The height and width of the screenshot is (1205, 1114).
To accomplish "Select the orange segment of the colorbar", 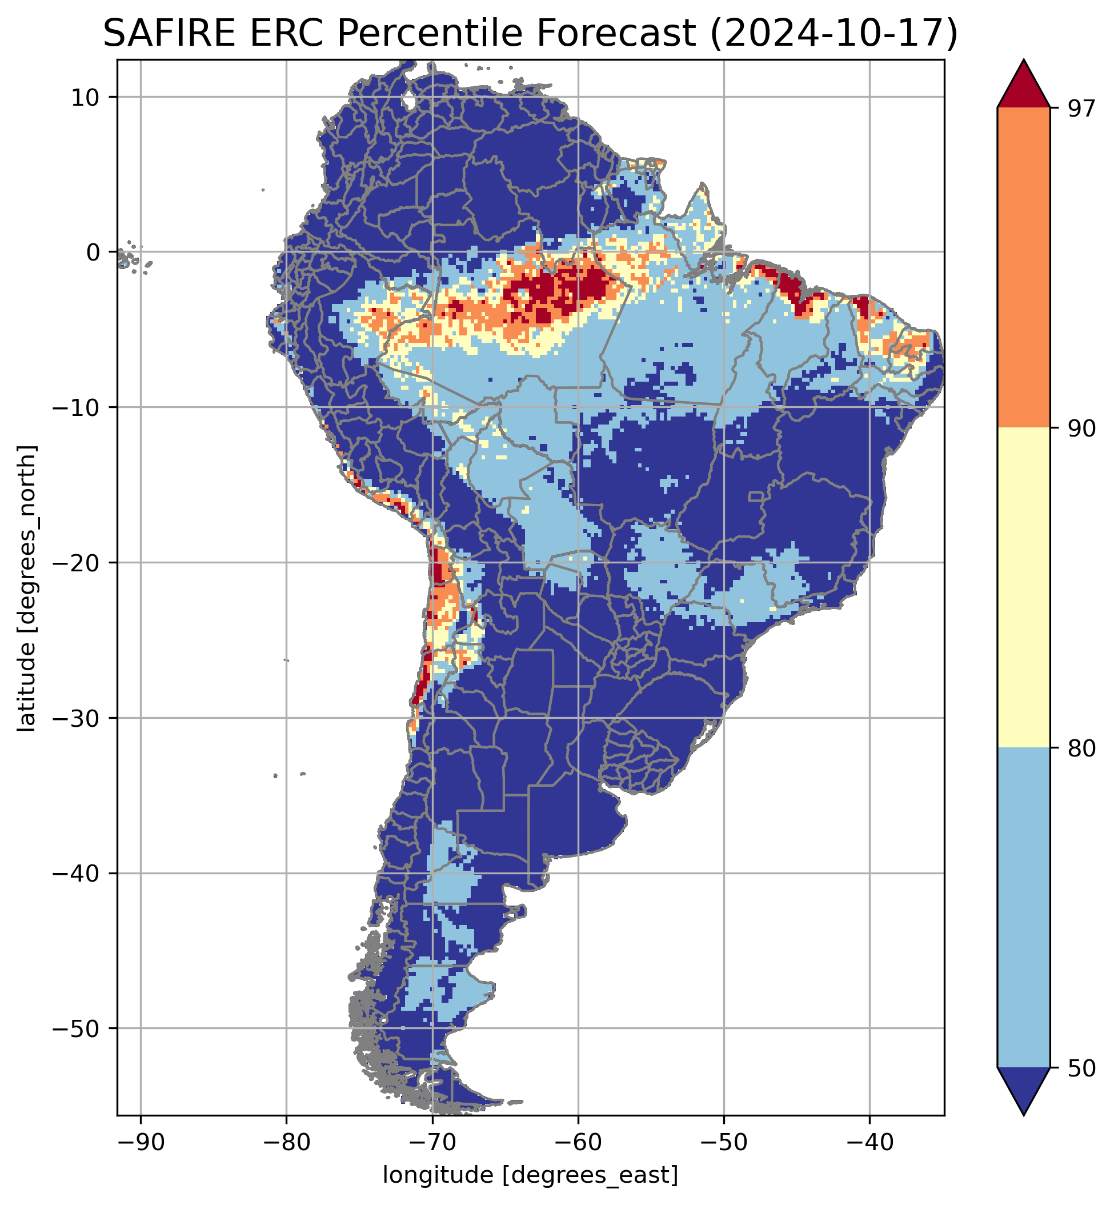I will click(x=1024, y=268).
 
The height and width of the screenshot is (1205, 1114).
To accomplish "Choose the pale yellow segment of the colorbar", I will click(x=1024, y=588).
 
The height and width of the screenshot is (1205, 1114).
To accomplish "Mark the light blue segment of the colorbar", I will click(x=1024, y=907).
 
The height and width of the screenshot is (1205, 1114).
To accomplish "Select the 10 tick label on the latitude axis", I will click(x=85, y=97).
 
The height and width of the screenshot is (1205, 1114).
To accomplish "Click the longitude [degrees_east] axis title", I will click(x=531, y=1175).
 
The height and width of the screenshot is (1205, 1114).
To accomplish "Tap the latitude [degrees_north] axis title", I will click(x=27, y=589).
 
